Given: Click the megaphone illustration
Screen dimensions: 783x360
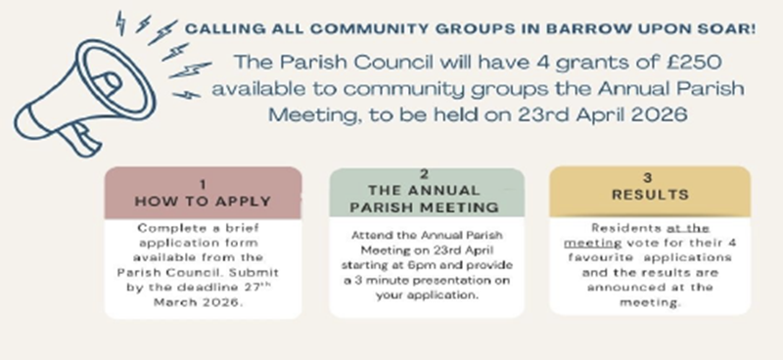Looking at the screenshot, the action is click(85, 98).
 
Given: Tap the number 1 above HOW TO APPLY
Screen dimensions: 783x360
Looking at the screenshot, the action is click(203, 185).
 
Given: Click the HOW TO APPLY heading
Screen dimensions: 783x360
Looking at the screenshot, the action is click(203, 202).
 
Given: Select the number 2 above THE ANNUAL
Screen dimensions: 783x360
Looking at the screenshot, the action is click(425, 174).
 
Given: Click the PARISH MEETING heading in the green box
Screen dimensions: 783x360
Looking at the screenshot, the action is click(425, 207).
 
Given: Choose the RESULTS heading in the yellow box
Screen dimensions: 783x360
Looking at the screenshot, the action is click(650, 195).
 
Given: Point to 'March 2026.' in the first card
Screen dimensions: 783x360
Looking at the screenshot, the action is click(199, 302).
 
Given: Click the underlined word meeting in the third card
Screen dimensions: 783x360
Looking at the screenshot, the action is click(593, 244).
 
